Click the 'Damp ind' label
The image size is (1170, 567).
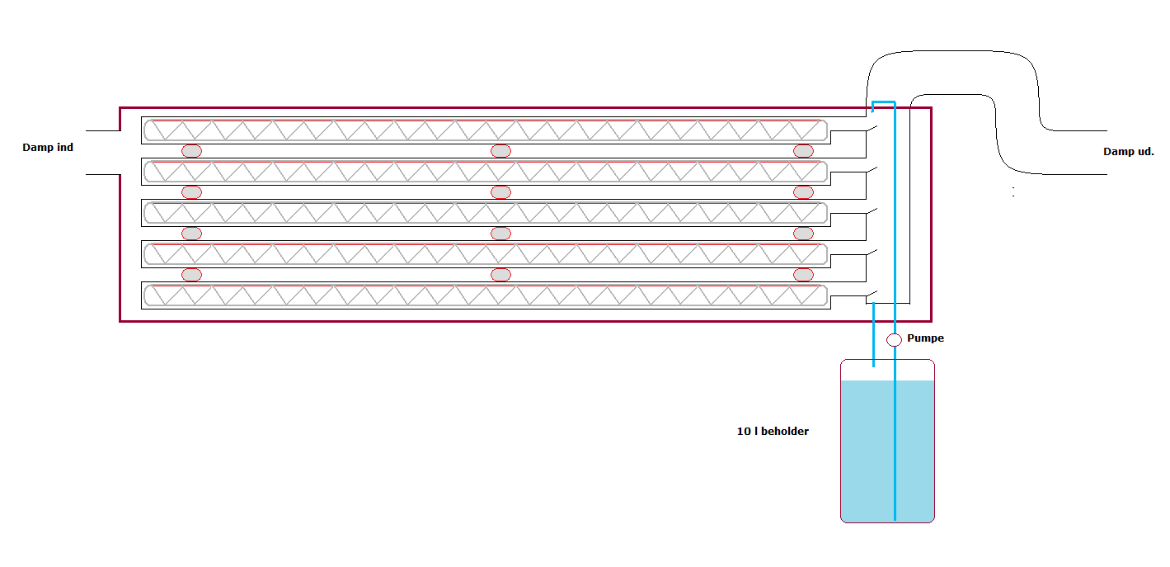[x=48, y=148]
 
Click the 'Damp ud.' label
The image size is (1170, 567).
[x=1128, y=151]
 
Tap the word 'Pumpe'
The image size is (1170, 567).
[x=925, y=338]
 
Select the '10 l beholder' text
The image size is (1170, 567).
[x=773, y=431]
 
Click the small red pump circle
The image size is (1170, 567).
[x=895, y=339]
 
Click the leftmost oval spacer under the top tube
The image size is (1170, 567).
[x=191, y=151]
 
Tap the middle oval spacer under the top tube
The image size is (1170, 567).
[x=500, y=151]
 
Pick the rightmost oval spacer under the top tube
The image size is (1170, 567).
[x=803, y=151]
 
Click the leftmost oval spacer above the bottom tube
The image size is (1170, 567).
[x=191, y=275]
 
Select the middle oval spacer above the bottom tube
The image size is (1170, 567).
[x=500, y=275]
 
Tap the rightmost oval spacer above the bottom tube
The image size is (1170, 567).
[x=803, y=275]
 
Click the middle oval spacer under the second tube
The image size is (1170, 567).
[x=500, y=192]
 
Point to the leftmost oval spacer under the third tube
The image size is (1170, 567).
[x=191, y=234]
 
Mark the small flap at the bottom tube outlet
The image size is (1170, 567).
[x=872, y=295]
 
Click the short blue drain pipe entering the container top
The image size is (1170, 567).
[x=873, y=334]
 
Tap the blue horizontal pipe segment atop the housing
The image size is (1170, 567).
[x=884, y=102]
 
